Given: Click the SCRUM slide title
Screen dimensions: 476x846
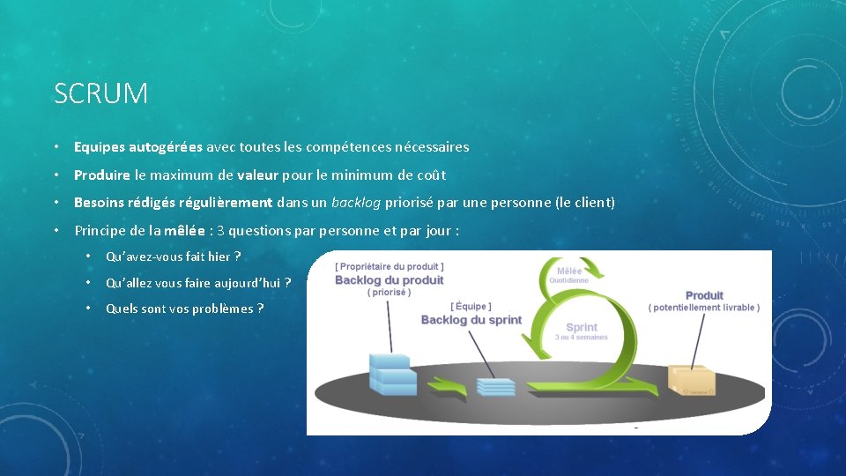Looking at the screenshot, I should click(100, 93).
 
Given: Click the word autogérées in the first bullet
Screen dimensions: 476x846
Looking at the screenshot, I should click(166, 147).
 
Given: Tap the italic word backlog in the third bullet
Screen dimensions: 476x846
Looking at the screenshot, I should click(356, 203).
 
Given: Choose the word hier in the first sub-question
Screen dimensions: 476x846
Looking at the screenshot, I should click(219, 257).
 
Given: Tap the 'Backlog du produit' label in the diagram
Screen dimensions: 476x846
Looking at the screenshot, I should click(390, 280).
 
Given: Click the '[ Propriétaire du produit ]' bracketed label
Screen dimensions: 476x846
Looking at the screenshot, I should click(390, 265).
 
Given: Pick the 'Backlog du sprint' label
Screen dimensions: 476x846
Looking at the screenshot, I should click(471, 320).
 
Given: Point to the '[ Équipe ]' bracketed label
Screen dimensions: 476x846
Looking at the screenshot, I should click(471, 306).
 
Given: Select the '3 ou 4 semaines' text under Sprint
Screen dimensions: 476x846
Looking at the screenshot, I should click(581, 338).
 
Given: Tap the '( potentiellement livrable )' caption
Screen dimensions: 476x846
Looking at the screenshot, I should click(704, 308).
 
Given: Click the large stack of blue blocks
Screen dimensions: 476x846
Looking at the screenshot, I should click(392, 373).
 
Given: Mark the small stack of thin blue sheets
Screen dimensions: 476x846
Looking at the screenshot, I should click(495, 386).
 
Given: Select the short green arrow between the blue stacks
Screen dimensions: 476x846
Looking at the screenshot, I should click(445, 386).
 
